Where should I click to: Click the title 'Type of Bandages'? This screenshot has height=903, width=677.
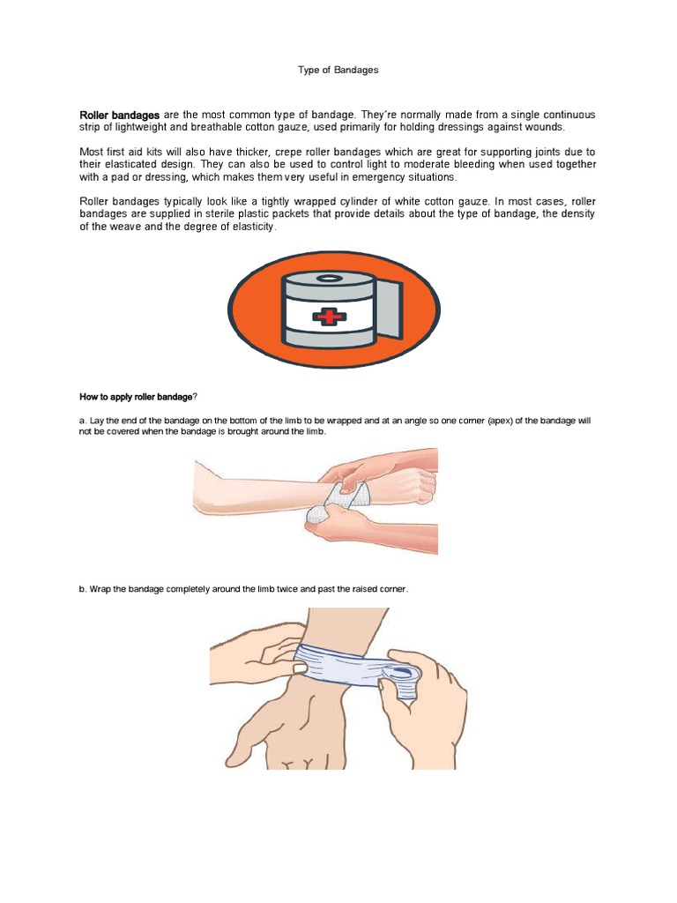(338, 70)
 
